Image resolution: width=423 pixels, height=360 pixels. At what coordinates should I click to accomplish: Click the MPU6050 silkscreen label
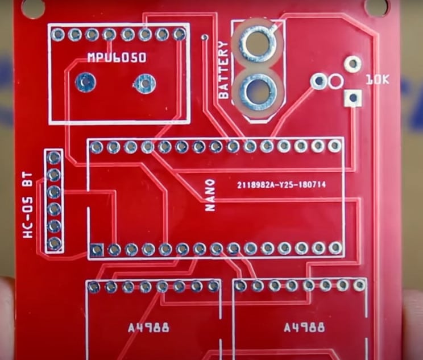(117, 57)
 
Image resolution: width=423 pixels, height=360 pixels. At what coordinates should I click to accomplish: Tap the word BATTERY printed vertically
(224, 70)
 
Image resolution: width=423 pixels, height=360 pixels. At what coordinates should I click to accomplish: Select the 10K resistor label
(378, 80)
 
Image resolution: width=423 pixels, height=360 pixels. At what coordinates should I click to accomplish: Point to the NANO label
(210, 195)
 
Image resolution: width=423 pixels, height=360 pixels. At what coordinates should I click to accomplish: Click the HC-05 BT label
(28, 206)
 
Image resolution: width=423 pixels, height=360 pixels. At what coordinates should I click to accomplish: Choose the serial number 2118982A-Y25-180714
(281, 185)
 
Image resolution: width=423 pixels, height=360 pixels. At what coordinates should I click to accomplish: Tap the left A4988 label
(148, 328)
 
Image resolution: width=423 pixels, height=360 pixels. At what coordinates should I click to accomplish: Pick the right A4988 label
(304, 328)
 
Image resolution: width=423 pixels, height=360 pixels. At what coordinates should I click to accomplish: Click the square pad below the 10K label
(353, 98)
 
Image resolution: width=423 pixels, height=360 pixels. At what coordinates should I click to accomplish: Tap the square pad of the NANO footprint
(96, 250)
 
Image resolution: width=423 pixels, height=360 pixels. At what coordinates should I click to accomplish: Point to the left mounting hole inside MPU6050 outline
(85, 82)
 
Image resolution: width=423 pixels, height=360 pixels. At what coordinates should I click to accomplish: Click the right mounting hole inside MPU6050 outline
(145, 83)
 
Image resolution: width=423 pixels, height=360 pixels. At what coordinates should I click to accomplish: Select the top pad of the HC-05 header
(54, 158)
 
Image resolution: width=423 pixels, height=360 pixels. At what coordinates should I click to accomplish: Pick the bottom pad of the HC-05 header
(55, 243)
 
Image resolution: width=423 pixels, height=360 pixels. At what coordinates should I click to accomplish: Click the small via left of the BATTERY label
(205, 37)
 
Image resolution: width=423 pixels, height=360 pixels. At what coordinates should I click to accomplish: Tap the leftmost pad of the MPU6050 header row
(58, 34)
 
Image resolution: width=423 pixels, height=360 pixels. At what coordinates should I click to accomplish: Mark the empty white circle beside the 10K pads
(335, 81)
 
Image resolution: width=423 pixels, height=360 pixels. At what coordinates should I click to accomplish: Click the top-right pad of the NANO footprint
(335, 146)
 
